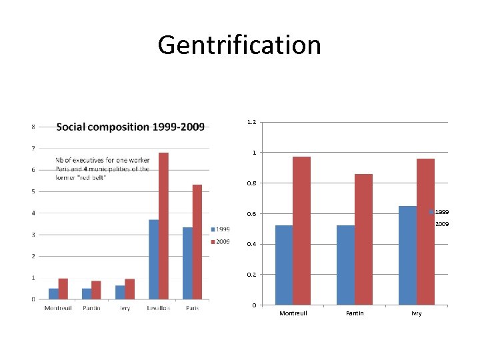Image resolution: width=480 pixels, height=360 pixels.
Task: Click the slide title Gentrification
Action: coord(239,45)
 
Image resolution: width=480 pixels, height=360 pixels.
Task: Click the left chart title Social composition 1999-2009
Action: coord(130,127)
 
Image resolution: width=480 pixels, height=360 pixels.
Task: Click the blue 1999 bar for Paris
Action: coord(187,263)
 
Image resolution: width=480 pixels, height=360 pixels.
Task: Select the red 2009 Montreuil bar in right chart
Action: coord(301,231)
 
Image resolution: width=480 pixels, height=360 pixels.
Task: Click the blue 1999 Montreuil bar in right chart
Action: coord(283,265)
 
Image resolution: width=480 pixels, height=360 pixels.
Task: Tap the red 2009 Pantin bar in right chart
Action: coord(363,239)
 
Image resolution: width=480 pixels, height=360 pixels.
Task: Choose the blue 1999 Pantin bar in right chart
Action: coord(345,265)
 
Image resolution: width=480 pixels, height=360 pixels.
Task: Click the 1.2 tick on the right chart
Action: coord(251,123)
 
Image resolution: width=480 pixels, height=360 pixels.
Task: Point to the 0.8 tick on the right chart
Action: coord(251,183)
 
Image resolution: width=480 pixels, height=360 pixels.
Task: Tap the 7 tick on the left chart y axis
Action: coord(33,148)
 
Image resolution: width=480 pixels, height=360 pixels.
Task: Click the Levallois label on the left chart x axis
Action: coord(159,308)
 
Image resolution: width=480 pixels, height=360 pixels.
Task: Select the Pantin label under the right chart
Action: coord(354,313)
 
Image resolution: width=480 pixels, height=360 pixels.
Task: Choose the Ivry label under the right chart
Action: coord(416,313)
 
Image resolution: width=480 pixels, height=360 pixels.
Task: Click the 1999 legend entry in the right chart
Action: coord(442,212)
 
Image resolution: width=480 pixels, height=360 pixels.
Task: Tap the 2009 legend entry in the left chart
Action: coord(223,241)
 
